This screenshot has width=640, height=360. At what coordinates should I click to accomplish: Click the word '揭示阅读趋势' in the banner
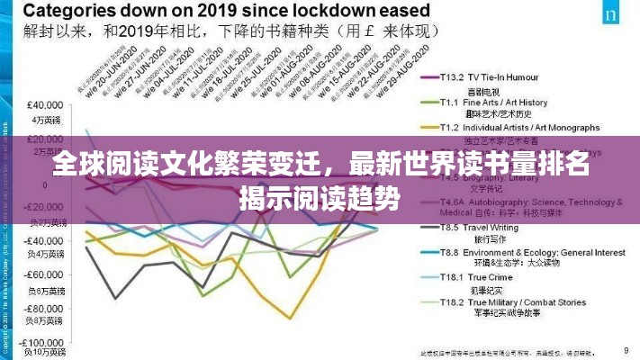[x=319, y=196]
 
